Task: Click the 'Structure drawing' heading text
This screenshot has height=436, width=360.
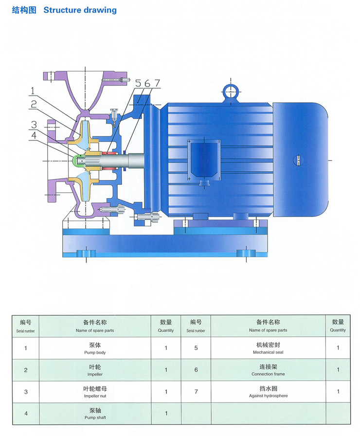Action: (x=80, y=10)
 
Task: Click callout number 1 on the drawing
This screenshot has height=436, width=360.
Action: (x=32, y=91)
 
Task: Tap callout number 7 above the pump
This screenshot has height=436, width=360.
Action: (x=157, y=83)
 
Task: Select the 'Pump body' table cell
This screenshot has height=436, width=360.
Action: (x=94, y=348)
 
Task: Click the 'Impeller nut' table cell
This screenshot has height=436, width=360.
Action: (x=94, y=392)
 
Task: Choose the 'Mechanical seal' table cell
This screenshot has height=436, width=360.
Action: (x=268, y=348)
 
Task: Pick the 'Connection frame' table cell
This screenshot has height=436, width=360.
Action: (x=268, y=370)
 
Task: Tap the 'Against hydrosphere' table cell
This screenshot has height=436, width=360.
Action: (x=268, y=392)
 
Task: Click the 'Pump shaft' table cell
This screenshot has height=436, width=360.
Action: (x=94, y=414)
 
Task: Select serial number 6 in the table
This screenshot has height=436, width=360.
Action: (x=196, y=370)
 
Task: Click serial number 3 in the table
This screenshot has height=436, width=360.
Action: (x=26, y=392)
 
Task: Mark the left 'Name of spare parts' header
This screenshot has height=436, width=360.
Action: (x=94, y=326)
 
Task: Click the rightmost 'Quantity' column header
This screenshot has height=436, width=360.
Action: (x=338, y=326)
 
